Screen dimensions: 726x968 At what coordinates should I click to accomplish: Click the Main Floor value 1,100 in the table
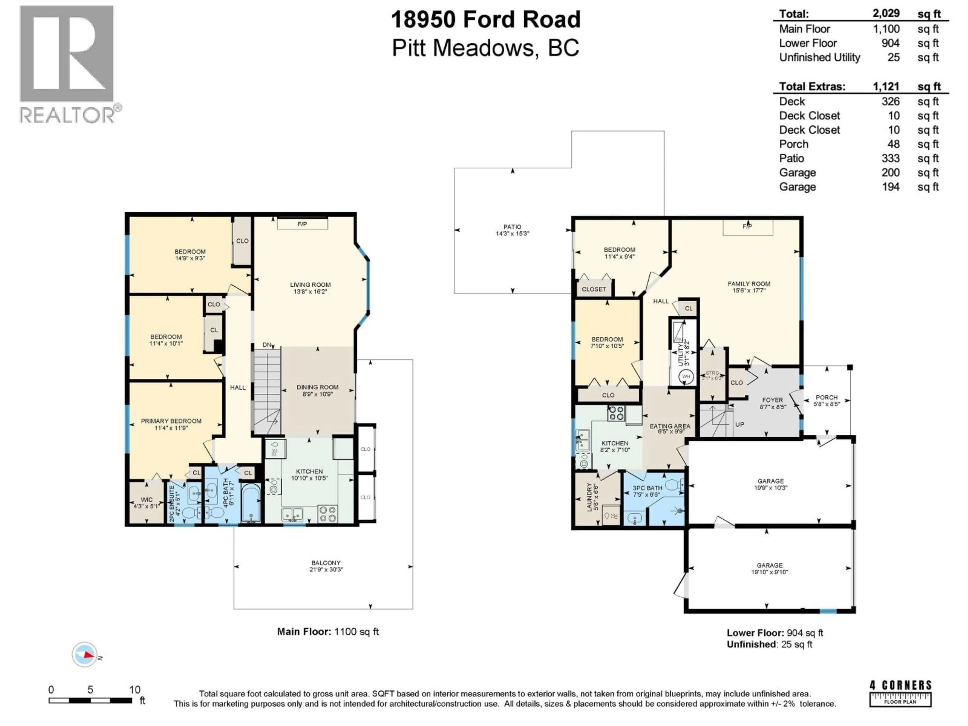click(x=886, y=29)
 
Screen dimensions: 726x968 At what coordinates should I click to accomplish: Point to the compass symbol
click(x=84, y=655)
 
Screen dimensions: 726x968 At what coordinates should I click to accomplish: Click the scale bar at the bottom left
click(x=90, y=701)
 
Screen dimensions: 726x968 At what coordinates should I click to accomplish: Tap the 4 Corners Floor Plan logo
click(x=900, y=693)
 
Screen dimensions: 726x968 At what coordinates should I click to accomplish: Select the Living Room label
click(x=310, y=288)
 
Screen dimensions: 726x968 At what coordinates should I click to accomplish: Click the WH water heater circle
click(x=686, y=376)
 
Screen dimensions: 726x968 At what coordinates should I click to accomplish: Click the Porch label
click(x=826, y=400)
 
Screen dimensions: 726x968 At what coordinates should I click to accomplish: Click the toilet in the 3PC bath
click(x=674, y=485)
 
